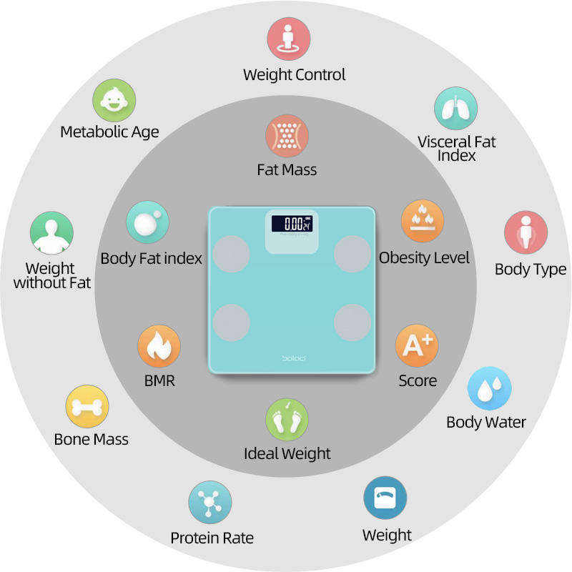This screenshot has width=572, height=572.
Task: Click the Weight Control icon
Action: [289, 38]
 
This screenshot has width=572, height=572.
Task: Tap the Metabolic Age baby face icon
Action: [114, 100]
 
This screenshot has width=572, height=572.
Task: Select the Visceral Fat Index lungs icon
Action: [455, 109]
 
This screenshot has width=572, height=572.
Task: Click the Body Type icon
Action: [526, 232]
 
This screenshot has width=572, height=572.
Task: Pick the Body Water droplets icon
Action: [489, 388]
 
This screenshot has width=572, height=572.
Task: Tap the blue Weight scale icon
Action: [385, 498]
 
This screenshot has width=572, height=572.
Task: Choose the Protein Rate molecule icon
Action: [210, 502]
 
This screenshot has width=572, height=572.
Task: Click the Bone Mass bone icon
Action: [87, 407]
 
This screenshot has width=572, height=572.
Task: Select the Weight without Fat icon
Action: [51, 233]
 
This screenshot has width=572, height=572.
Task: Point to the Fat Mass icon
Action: [287, 136]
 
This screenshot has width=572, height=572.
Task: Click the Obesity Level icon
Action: [423, 221]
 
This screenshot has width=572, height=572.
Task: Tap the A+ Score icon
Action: [417, 346]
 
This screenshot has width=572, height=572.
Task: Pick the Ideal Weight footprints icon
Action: [287, 420]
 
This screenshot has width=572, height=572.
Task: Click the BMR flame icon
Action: [159, 347]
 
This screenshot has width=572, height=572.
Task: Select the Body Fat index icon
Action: [147, 222]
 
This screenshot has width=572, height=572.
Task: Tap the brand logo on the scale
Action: [292, 357]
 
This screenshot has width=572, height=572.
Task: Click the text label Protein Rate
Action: [212, 538]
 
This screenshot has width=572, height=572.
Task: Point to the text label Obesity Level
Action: [424, 257]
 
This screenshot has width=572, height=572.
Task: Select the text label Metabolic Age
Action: [109, 132]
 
